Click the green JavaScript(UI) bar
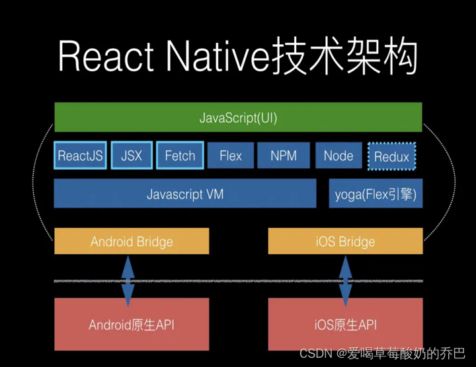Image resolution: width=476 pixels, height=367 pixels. [x=238, y=119]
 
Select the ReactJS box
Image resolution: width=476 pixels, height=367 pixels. [x=80, y=156]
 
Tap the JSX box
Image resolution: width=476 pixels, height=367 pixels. [x=132, y=156]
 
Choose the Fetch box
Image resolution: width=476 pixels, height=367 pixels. [x=180, y=156]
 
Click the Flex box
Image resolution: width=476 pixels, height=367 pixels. [x=231, y=156]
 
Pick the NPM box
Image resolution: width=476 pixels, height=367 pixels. [x=284, y=156]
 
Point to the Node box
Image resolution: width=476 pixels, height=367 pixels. [x=338, y=156]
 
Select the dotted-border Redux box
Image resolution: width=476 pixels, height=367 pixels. [x=391, y=157]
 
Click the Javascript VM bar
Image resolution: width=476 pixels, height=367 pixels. [x=185, y=195]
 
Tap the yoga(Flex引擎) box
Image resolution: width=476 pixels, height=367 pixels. [x=376, y=195]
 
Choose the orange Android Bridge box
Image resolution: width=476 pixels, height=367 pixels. [x=132, y=241]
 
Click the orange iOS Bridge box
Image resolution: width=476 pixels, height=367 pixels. [x=345, y=241]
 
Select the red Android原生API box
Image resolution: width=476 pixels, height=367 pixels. [x=132, y=325]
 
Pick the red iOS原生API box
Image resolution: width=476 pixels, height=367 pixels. [x=345, y=325]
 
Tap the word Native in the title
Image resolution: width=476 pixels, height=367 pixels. [x=211, y=57]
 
